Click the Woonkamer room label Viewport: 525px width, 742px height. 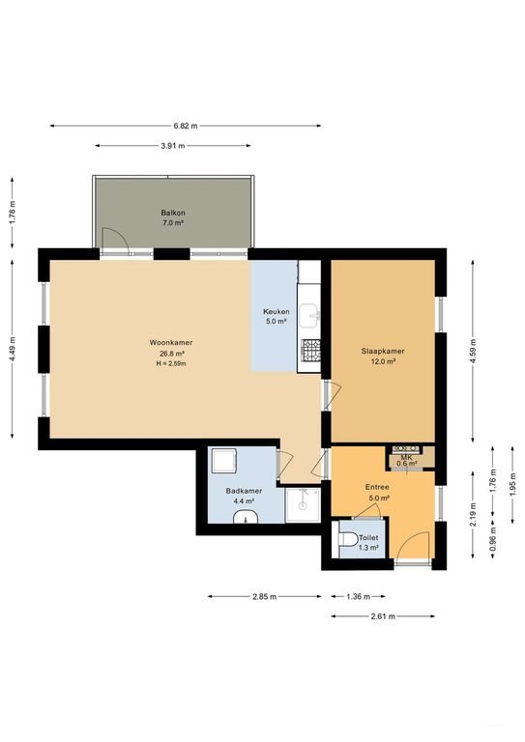pyautogui.click(x=171, y=343)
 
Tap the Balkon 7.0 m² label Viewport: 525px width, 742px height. pyautogui.click(x=173, y=217)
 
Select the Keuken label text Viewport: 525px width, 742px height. pyautogui.click(x=277, y=312)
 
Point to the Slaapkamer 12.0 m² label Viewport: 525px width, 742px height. pyautogui.click(x=383, y=356)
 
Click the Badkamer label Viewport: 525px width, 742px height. pyautogui.click(x=244, y=491)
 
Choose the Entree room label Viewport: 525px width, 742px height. pyautogui.click(x=377, y=487)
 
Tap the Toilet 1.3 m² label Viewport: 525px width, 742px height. pyautogui.click(x=368, y=542)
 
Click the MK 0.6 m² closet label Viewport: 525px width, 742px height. pyautogui.click(x=407, y=461)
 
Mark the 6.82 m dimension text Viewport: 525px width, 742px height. pyautogui.click(x=186, y=126)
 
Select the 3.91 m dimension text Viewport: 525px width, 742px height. pyautogui.click(x=173, y=146)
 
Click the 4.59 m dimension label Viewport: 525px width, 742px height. pyautogui.click(x=473, y=351)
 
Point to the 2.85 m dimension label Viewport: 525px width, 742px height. pyautogui.click(x=264, y=597)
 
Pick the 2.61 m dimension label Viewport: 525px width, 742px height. pyautogui.click(x=383, y=616)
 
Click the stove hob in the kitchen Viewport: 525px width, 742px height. pyautogui.click(x=310, y=351)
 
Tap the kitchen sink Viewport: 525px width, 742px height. pyautogui.click(x=310, y=316)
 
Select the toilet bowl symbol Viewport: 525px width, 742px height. pyautogui.click(x=348, y=538)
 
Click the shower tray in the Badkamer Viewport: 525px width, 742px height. pyautogui.click(x=303, y=505)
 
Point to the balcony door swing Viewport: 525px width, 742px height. pyautogui.click(x=115, y=237)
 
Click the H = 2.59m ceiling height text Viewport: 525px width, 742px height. pyautogui.click(x=171, y=363)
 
